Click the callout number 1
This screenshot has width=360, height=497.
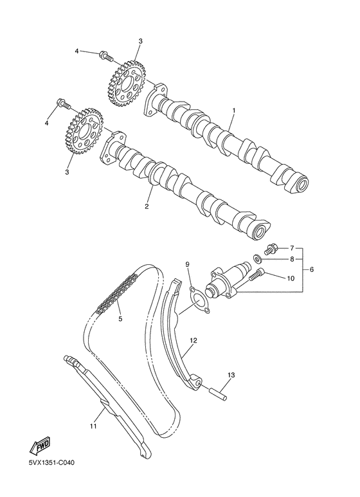(233, 111)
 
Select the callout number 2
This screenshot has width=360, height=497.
(147, 206)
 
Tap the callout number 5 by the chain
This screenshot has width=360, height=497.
(119, 318)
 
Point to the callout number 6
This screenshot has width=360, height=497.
(312, 269)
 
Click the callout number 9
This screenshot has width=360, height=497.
(188, 264)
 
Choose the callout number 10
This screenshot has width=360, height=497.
(291, 278)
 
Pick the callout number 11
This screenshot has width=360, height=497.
(93, 425)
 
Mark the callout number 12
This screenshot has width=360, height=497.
(192, 338)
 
